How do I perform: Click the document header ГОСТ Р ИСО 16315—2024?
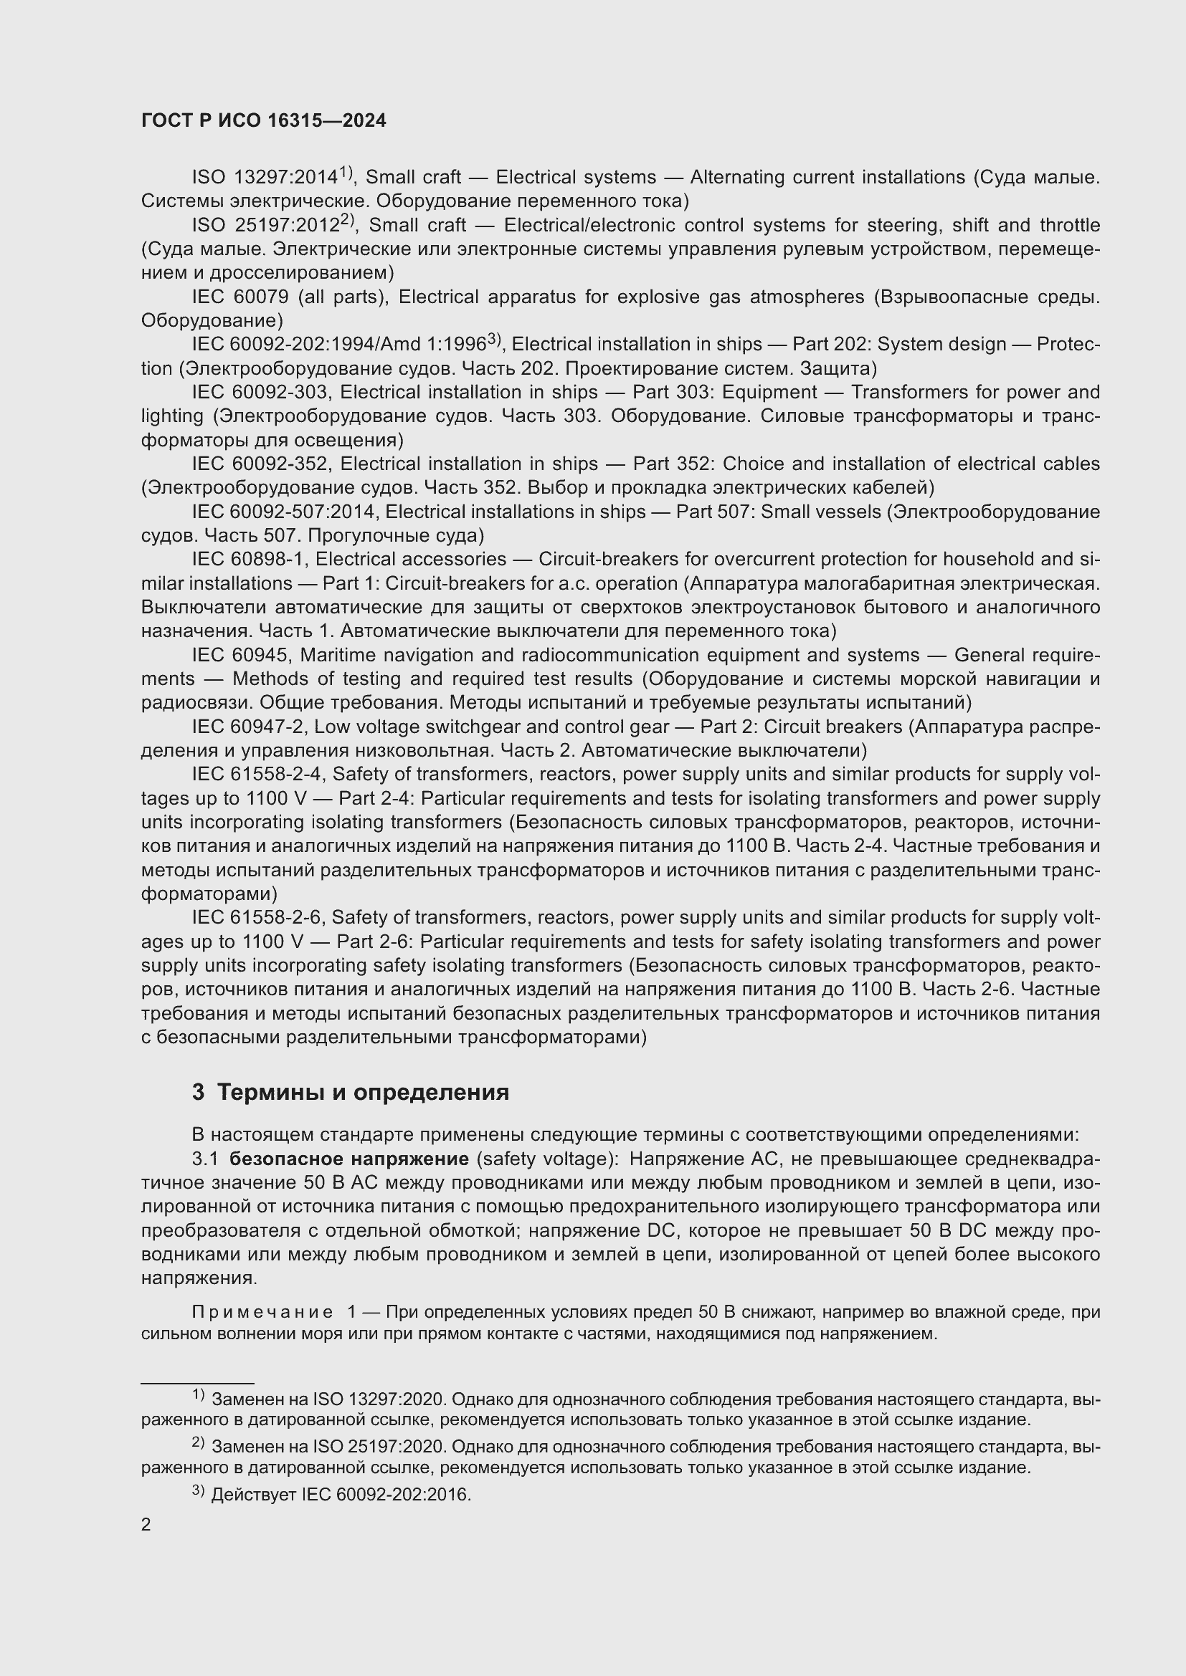coord(264,121)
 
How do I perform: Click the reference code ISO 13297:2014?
coord(265,178)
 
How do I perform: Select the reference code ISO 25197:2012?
coord(265,226)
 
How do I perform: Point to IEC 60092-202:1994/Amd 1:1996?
coord(339,345)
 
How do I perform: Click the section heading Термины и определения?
coord(363,1093)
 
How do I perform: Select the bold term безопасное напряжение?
coord(349,1160)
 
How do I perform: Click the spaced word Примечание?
coord(262,1313)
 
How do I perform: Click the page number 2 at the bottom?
coord(146,1525)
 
